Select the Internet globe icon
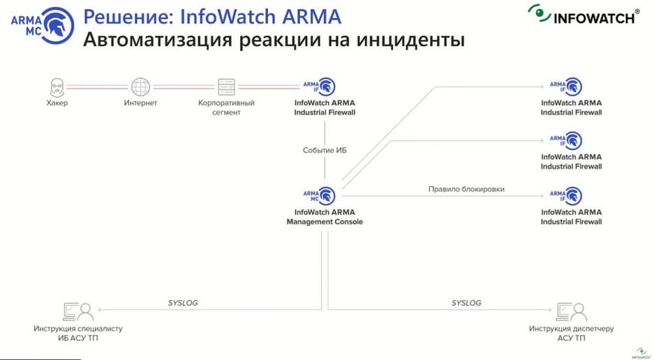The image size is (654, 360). tap(140, 87)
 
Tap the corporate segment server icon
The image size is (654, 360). tap(226, 87)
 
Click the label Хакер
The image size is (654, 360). tap(57, 103)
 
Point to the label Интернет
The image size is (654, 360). tap(140, 103)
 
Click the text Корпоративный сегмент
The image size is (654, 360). tap(226, 107)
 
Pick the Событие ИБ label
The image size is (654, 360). tap(325, 150)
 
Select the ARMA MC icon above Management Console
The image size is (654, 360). tap(320, 195)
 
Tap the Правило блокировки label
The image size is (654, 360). tap(466, 189)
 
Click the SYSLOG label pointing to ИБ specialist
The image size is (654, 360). tap(183, 303)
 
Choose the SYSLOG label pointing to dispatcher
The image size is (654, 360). tap(466, 303)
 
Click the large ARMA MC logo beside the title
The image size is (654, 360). tap(43, 25)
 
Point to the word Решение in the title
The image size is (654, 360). tap(128, 17)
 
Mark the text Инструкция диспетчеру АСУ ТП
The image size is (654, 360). tap(572, 333)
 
